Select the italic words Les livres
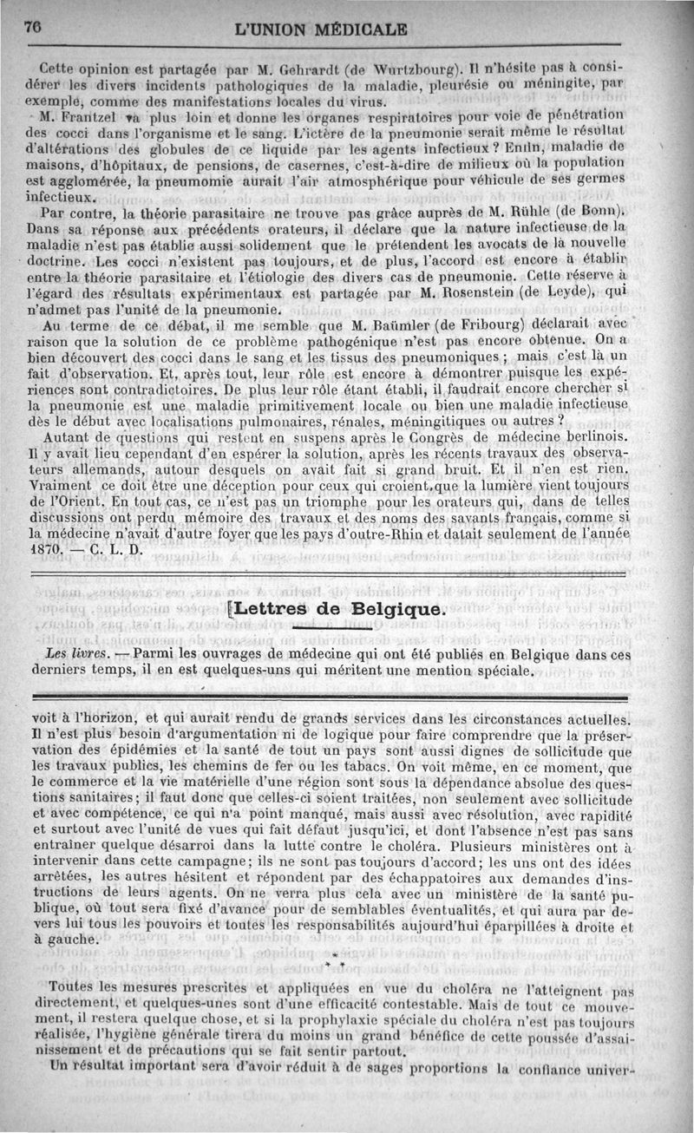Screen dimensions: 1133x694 79,652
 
